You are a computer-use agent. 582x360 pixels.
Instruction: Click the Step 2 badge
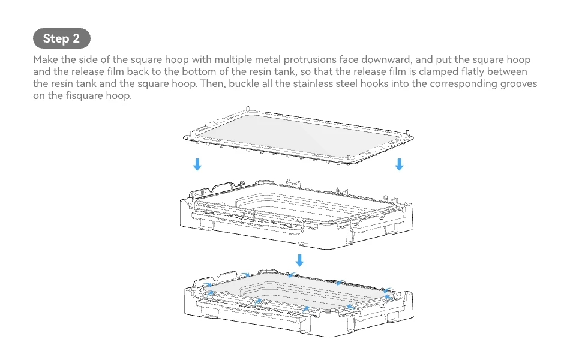pos(61,38)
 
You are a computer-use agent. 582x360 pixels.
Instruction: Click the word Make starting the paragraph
pos(46,60)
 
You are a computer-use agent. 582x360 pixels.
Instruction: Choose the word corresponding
pos(462,84)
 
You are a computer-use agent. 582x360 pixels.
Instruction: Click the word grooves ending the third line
pos(518,84)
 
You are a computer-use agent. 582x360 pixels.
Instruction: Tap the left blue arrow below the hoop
pos(197,164)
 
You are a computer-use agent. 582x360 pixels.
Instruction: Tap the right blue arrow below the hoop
pos(399,164)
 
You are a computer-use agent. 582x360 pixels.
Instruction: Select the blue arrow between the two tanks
pos(299,260)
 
